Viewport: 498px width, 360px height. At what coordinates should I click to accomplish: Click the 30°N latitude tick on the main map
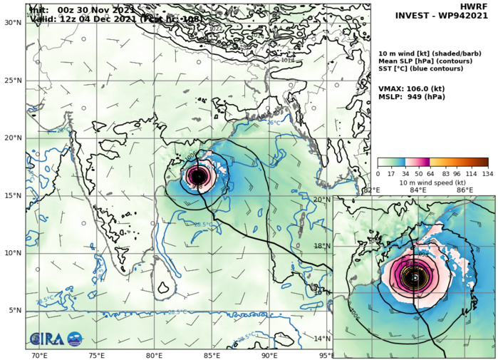point(13,22)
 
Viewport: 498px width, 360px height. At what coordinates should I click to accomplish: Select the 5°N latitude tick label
point(15,310)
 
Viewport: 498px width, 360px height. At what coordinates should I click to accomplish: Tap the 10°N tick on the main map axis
point(13,252)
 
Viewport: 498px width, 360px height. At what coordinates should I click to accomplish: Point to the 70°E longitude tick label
point(39,355)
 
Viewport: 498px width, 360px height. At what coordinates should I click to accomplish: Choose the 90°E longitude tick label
point(269,355)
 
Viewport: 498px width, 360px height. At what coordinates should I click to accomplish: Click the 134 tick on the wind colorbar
point(488,173)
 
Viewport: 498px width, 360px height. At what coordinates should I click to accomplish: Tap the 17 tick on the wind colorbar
point(392,173)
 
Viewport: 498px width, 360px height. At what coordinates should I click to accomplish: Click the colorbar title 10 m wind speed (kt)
point(432,182)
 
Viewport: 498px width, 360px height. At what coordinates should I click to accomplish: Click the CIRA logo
point(46,339)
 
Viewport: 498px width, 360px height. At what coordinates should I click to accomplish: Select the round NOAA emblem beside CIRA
point(74,339)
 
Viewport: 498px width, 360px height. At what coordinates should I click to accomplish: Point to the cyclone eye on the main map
point(198,175)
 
